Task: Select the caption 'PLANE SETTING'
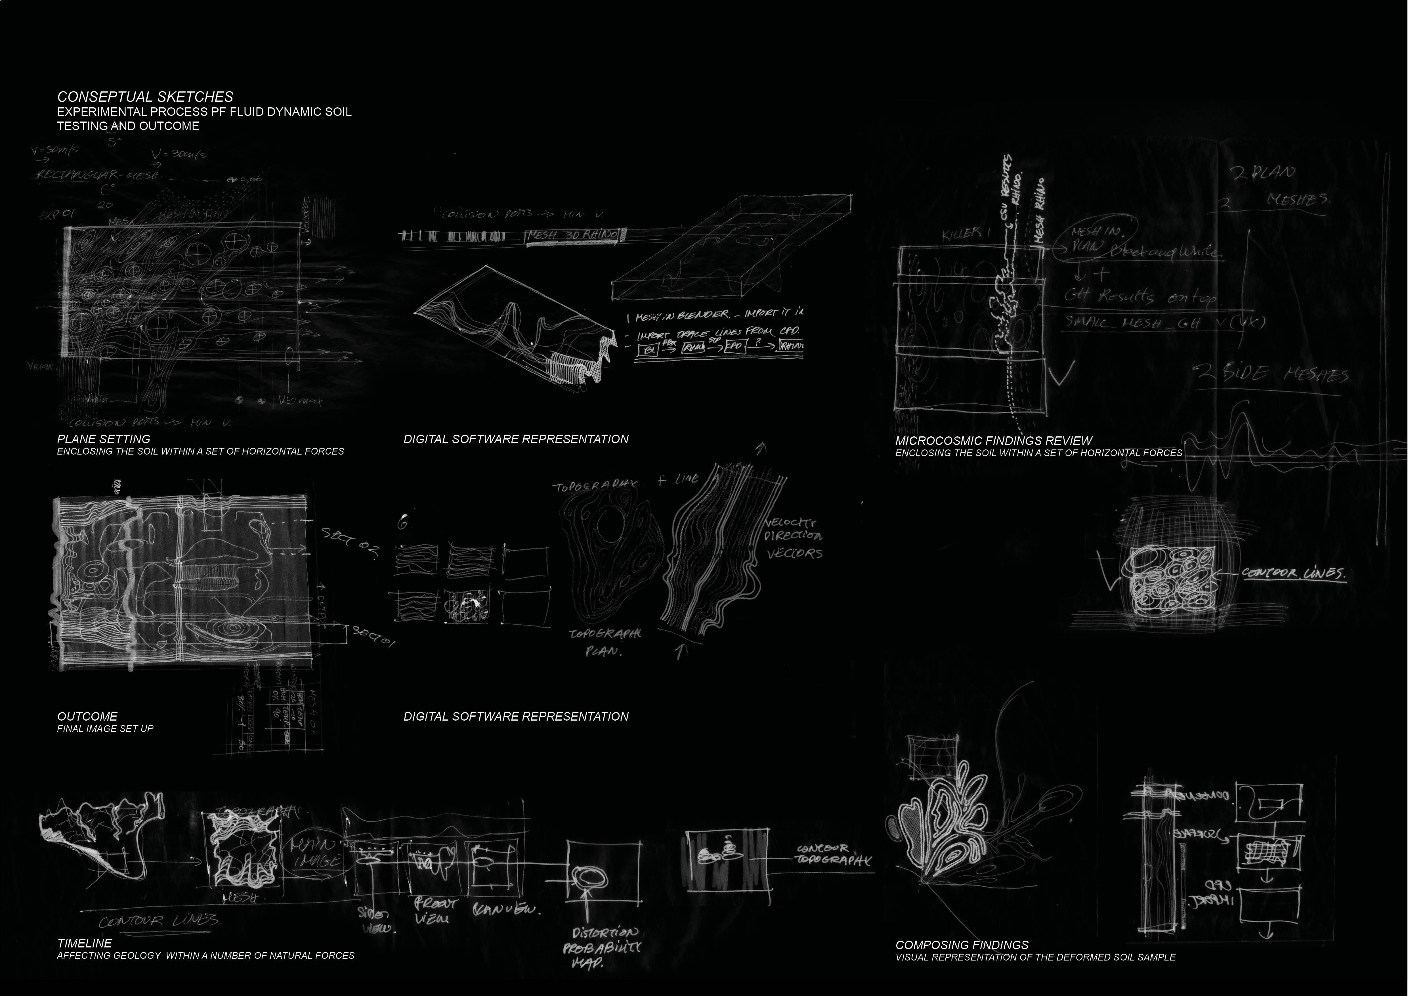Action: pos(104,439)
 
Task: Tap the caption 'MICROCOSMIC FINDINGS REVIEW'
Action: pos(993,440)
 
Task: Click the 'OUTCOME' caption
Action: pos(87,716)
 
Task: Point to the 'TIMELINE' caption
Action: pos(85,943)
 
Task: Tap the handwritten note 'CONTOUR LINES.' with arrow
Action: pos(1294,574)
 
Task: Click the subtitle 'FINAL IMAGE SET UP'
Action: pos(105,729)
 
